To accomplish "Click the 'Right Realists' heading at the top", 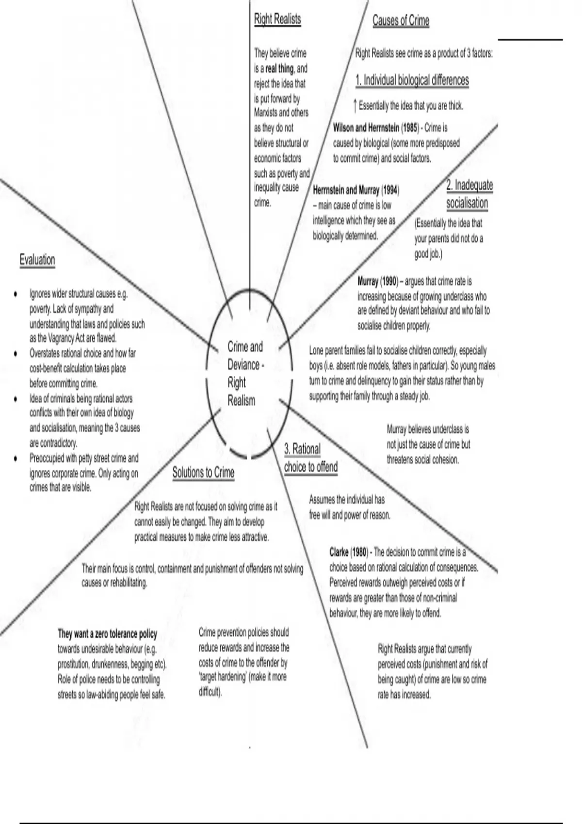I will pos(277,19).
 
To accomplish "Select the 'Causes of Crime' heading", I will pos(401,21).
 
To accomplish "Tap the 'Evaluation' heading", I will pos(37,260).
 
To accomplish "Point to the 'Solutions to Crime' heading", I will pos(203,473).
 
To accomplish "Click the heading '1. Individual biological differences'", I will pos(412,80).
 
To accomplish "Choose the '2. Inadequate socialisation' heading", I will pos(468,194).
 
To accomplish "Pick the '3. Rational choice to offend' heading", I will pos(310,458).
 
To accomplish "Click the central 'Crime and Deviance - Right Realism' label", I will pos(245,373).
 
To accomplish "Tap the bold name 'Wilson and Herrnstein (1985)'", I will pos(375,128).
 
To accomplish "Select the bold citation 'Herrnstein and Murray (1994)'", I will pos(356,190).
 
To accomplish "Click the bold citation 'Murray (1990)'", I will pos(377,282).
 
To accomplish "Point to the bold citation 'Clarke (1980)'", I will pos(348,552).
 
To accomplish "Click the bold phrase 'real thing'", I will pos(279,68).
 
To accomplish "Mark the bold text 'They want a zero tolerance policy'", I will pos(107,634).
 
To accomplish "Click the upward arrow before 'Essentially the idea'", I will pos(356,105).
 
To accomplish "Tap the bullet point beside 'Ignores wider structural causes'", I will pos(16,294).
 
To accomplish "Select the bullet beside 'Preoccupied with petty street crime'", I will pos(16,458).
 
